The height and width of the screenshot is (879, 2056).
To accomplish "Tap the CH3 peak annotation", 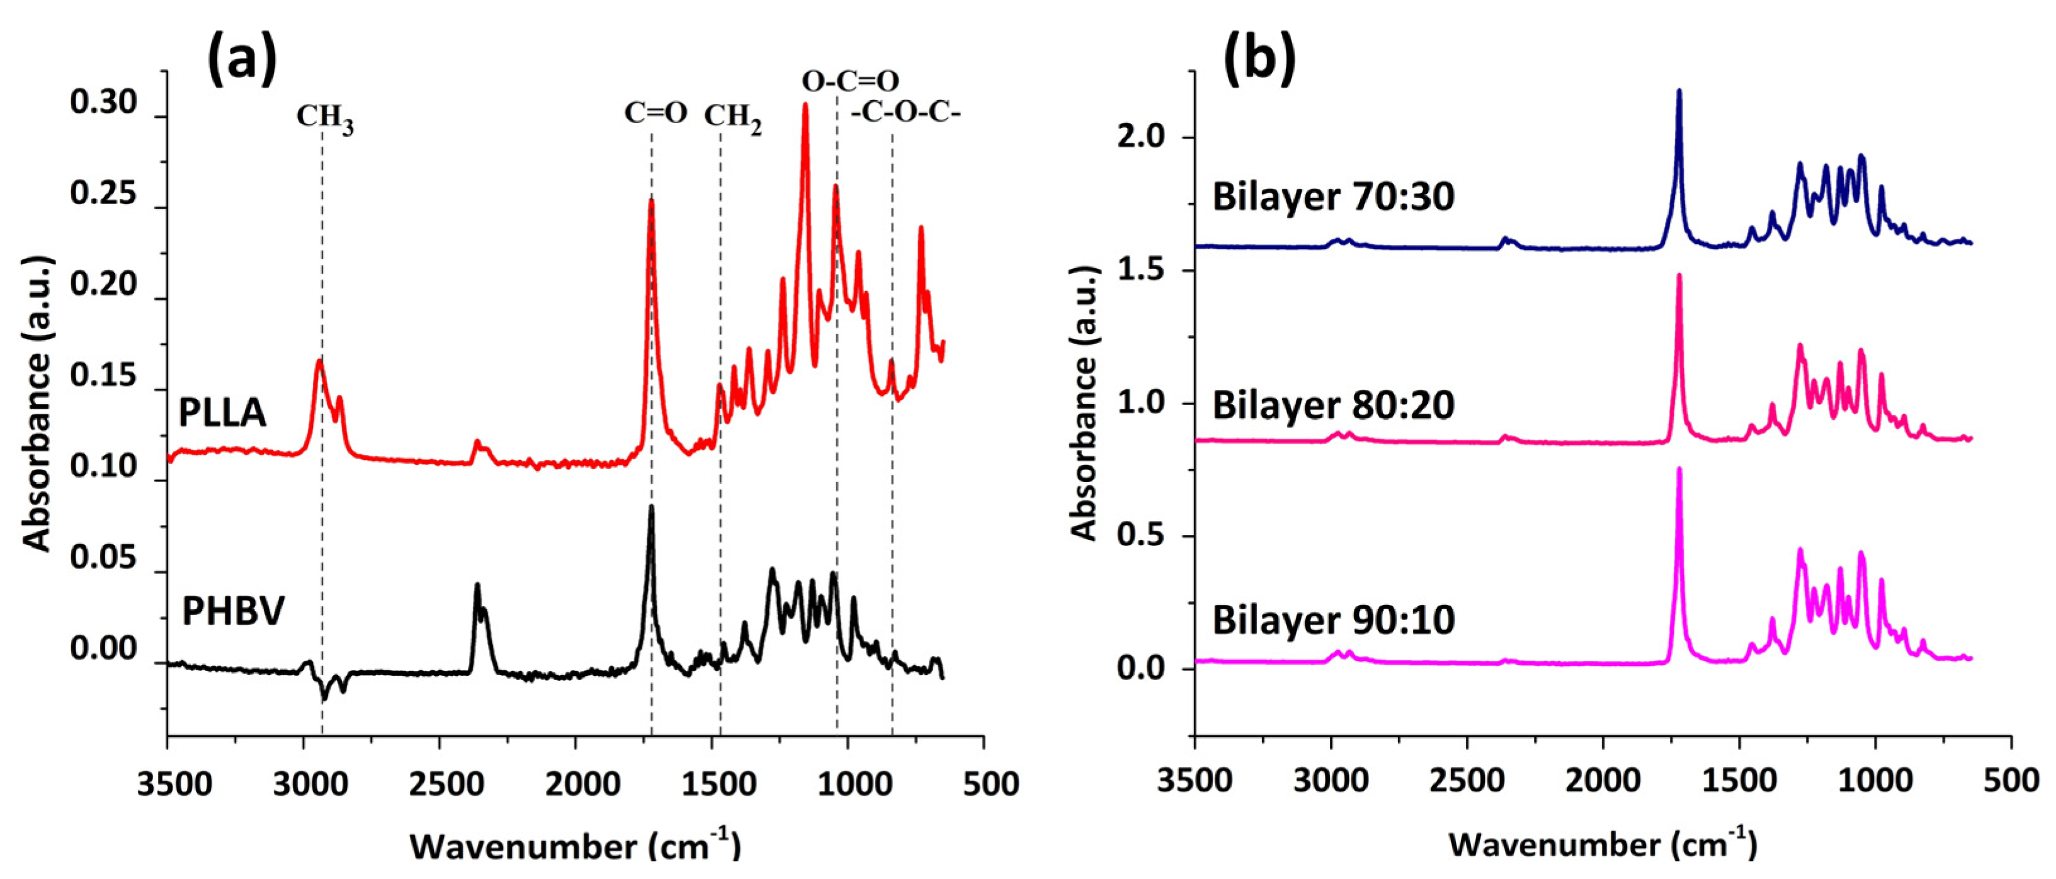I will click(x=325, y=118).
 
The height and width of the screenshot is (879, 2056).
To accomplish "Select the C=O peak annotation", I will click(x=656, y=113).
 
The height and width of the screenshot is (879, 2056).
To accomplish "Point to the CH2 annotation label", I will click(x=732, y=118).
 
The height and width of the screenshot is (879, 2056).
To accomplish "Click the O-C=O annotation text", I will click(x=850, y=81).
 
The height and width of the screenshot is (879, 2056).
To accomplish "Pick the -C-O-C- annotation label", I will click(x=906, y=113).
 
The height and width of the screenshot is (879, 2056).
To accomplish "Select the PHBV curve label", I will click(x=233, y=612).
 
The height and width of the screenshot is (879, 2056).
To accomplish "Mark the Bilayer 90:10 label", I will click(x=1333, y=620).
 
